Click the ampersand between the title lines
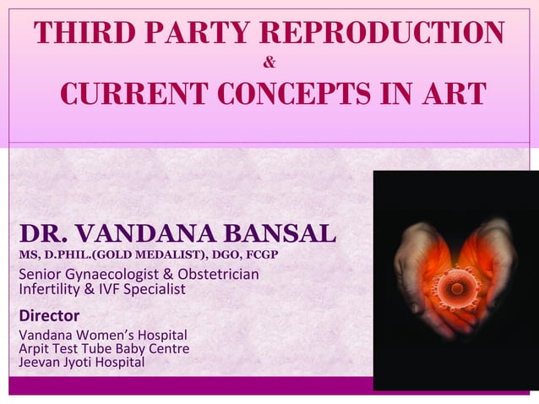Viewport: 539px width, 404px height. point(269,63)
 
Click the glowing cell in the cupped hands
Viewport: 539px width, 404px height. point(456,287)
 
